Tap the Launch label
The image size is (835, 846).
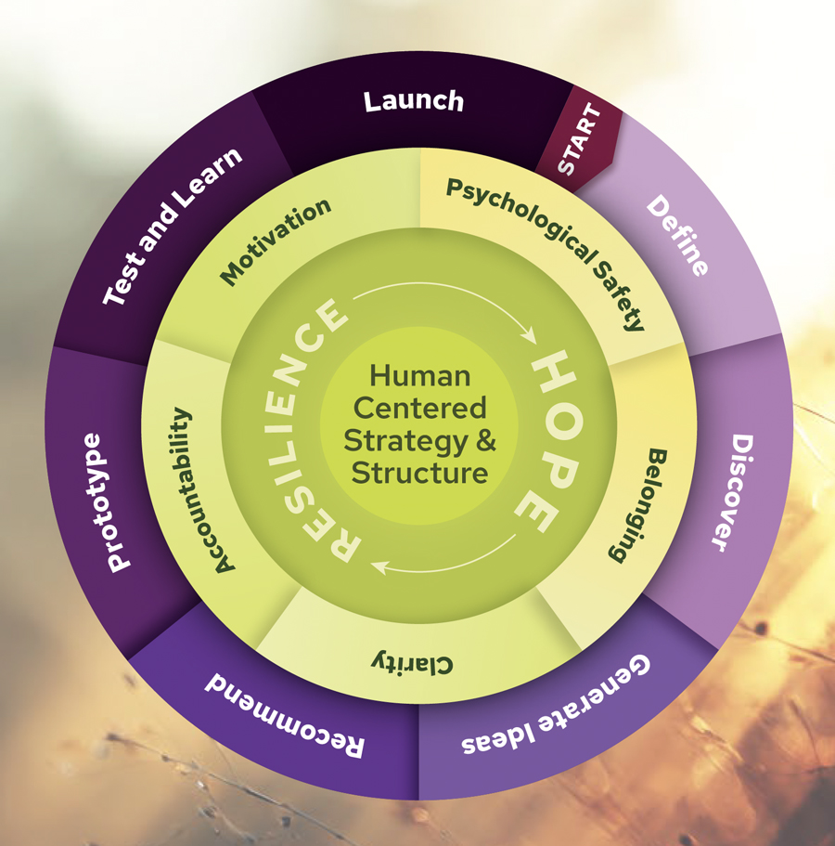click(413, 100)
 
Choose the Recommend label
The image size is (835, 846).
click(284, 709)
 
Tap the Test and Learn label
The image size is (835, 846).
click(172, 227)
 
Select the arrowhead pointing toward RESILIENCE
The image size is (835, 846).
click(377, 562)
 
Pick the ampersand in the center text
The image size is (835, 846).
click(485, 439)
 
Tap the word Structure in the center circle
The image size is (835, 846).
click(419, 472)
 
